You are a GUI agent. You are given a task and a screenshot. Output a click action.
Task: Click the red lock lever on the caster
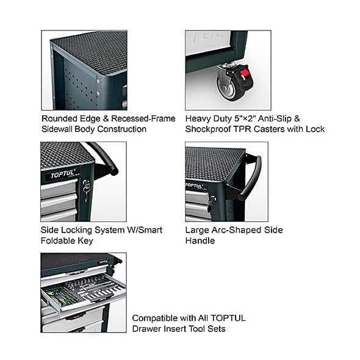click(245, 73)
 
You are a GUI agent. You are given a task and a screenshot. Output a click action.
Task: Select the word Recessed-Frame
click(143, 119)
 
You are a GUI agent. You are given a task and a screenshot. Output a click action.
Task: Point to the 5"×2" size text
click(245, 119)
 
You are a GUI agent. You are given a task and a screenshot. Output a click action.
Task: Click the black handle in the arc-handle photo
click(250, 178)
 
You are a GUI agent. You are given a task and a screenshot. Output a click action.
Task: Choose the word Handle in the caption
click(200, 241)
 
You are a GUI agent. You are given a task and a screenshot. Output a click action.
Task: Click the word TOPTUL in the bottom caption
click(228, 319)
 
